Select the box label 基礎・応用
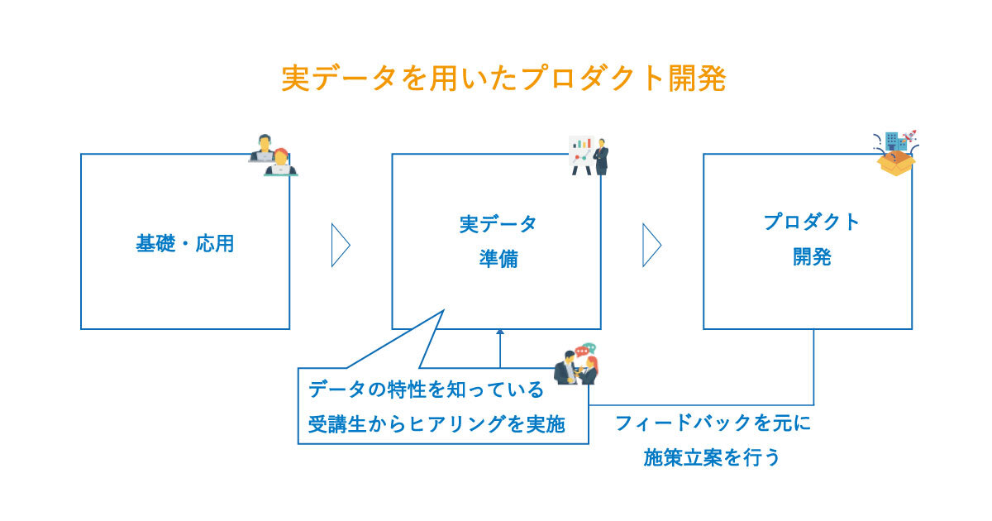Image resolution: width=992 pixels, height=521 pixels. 185,245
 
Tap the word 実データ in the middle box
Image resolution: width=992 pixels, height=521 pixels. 498,224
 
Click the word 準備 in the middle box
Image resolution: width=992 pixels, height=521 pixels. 498,259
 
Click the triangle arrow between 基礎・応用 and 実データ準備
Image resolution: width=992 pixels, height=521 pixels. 340,245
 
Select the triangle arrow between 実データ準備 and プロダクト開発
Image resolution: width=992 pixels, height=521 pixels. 651,245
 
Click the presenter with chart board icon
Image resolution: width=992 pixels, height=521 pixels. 589,155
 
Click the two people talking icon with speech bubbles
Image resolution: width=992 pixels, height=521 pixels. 576,364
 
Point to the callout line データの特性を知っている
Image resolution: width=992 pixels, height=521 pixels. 427,389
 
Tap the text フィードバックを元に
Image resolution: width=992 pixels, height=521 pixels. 713,424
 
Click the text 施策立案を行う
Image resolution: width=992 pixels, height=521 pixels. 712,457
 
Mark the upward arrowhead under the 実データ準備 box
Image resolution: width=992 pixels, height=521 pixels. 500,333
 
